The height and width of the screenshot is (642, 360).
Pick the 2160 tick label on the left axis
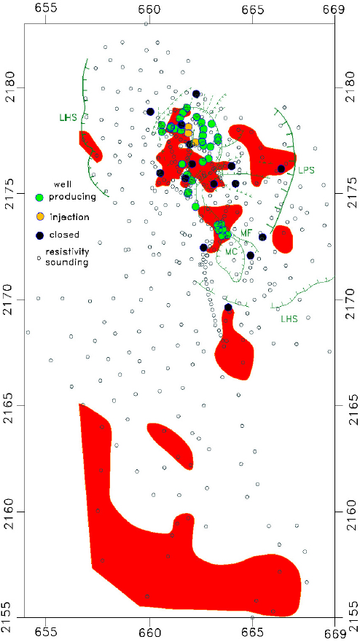[x=10, y=512]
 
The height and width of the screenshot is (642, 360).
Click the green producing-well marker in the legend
[x=40, y=197]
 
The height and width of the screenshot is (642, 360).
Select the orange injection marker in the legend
[x=40, y=216]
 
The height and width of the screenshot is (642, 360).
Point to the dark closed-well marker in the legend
[x=40, y=235]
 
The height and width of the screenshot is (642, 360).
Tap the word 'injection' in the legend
[x=70, y=216]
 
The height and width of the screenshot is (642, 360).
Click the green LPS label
[x=306, y=170]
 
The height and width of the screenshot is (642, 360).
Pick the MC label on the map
[x=232, y=252]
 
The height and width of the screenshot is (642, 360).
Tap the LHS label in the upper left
[x=68, y=117]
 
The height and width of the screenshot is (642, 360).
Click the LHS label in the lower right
[x=289, y=318]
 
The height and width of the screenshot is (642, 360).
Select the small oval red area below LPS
[x=282, y=238]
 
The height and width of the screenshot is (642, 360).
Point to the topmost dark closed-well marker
[x=196, y=94]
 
